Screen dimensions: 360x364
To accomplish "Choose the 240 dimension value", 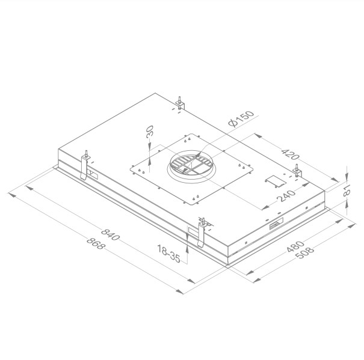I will tap(284, 197).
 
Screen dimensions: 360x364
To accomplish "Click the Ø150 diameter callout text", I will tap(242, 118).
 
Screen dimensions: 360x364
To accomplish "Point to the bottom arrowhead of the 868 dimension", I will tap(180, 292).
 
